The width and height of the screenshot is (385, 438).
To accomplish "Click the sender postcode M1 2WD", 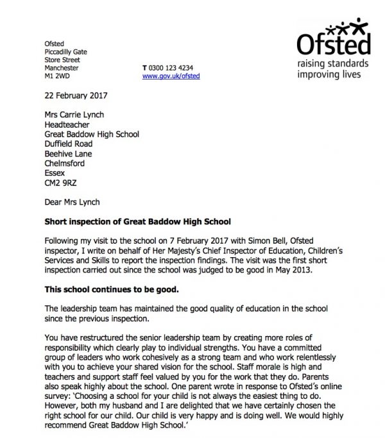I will click(55, 76).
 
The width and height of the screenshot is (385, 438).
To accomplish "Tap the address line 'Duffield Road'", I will click(69, 144).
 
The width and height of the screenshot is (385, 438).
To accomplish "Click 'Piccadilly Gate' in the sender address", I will click(65, 51).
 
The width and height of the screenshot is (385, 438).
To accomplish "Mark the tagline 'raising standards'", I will click(332, 64).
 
